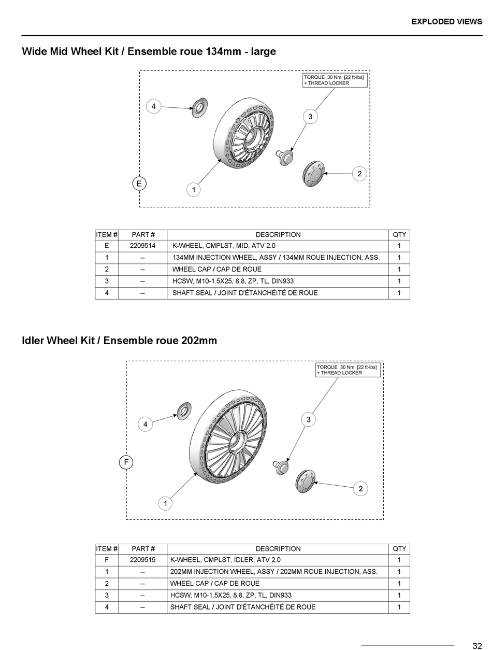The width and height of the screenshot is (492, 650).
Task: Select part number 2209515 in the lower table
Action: (142, 560)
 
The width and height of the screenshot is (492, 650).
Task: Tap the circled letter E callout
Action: (139, 183)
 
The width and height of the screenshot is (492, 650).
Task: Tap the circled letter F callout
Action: (126, 462)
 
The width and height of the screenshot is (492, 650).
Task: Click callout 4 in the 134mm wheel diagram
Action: (153, 107)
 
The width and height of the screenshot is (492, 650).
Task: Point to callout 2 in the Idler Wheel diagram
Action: (360, 488)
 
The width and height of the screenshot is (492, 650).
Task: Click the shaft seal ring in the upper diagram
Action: (199, 107)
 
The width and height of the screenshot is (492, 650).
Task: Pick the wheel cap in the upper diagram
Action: (313, 172)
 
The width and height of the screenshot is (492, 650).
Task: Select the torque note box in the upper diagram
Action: (335, 80)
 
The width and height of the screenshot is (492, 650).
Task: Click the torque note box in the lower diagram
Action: (348, 370)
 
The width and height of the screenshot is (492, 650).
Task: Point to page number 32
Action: (477, 645)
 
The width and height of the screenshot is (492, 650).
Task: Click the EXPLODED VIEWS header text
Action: (446, 22)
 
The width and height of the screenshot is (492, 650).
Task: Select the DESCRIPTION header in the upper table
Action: (278, 235)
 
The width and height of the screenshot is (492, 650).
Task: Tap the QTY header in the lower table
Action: (399, 549)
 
